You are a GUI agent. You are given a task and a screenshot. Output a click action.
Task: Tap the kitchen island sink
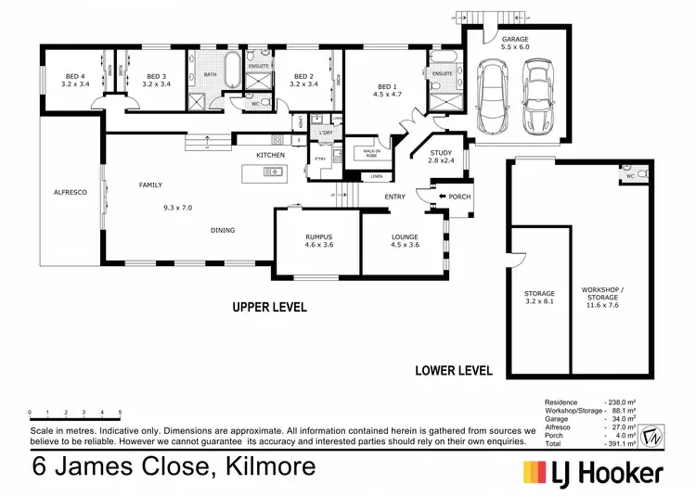(x=273, y=172)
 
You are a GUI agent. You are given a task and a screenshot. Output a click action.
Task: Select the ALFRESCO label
(x=70, y=192)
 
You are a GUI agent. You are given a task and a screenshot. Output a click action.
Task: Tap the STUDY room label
(x=440, y=156)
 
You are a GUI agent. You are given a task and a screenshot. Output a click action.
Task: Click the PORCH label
(x=459, y=197)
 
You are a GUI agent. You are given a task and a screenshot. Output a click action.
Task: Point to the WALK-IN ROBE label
(x=371, y=152)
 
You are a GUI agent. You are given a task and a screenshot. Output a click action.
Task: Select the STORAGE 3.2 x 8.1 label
(x=539, y=298)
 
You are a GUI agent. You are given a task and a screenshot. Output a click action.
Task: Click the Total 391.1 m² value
(x=618, y=443)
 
